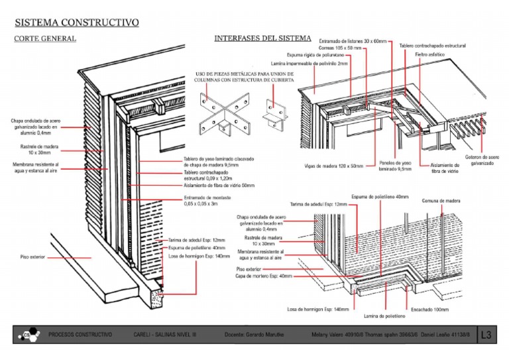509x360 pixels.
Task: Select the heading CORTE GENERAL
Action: [x=45, y=38]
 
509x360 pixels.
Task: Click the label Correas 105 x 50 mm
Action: [x=340, y=48]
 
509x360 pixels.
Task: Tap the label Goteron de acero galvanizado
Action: [x=482, y=160]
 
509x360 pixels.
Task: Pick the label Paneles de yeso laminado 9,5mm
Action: [x=396, y=165]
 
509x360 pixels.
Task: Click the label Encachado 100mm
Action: [x=430, y=309]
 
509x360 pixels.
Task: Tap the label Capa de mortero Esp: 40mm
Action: [x=264, y=276]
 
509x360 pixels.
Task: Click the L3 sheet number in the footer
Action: [x=487, y=335]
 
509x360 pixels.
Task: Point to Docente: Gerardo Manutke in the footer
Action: [x=254, y=335]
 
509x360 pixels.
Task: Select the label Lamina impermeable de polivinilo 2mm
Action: [x=310, y=64]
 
